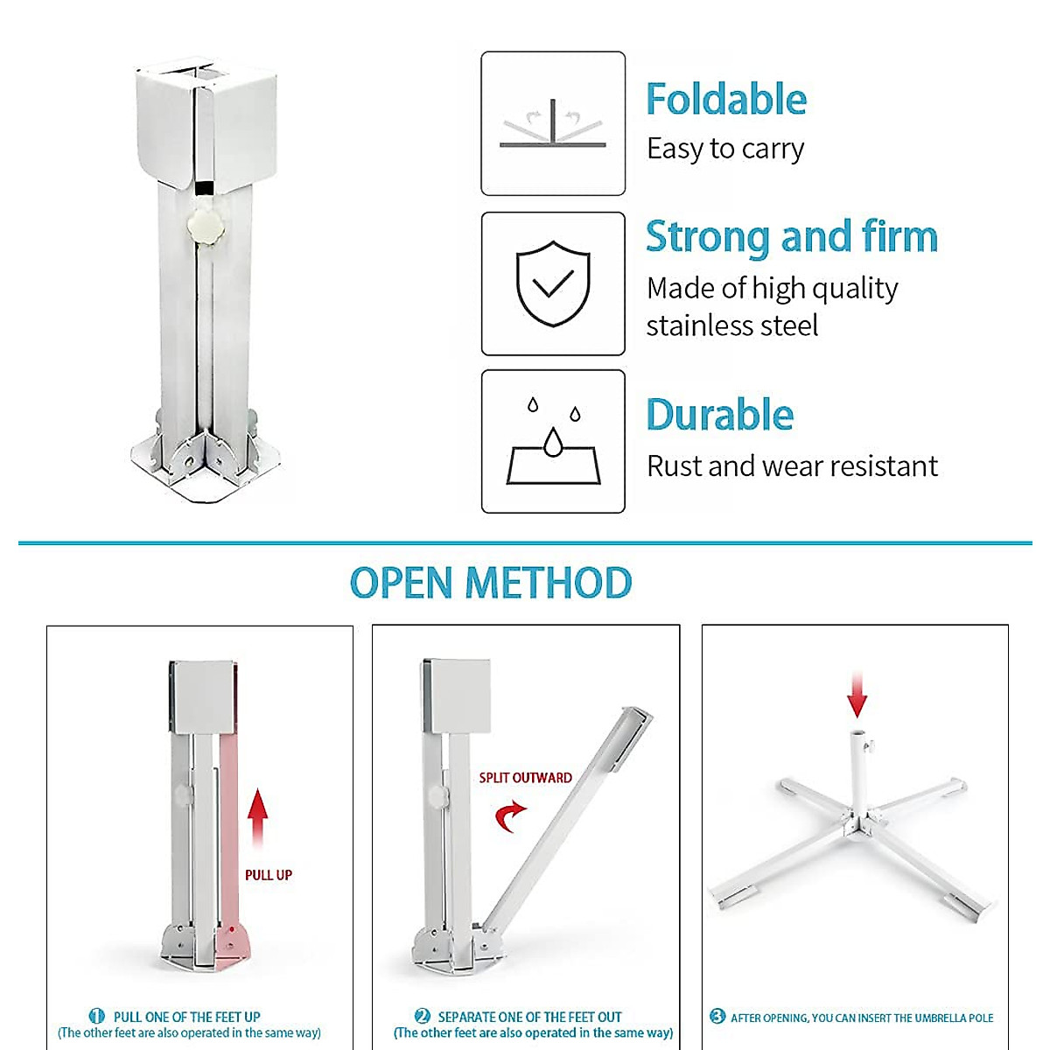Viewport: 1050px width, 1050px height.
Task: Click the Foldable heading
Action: [x=725, y=100]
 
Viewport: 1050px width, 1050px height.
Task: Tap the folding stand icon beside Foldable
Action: [x=553, y=124]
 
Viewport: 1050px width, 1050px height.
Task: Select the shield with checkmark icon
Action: [x=553, y=283]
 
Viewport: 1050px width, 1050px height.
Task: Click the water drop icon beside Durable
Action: [x=553, y=442]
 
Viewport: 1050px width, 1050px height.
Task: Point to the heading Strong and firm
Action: [x=791, y=237]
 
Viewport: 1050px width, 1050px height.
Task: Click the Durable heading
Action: [x=719, y=415]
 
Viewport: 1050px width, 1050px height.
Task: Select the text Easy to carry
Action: [x=725, y=149]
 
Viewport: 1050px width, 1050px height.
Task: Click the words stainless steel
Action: [x=731, y=325]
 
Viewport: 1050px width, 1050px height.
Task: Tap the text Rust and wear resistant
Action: [x=792, y=466]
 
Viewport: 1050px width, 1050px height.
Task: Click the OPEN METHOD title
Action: [x=491, y=583]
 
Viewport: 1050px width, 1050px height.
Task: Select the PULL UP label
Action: [x=268, y=875]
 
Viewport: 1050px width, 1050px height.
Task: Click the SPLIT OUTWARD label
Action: [x=525, y=778]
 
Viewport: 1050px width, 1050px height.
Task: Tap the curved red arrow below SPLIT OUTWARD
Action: [x=509, y=817]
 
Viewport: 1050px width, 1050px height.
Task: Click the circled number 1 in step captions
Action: [x=97, y=1016]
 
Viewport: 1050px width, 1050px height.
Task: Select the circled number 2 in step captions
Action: [x=422, y=1016]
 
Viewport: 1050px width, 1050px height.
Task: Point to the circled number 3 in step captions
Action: [x=717, y=1016]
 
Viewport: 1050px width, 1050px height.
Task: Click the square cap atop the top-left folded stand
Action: [x=206, y=122]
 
